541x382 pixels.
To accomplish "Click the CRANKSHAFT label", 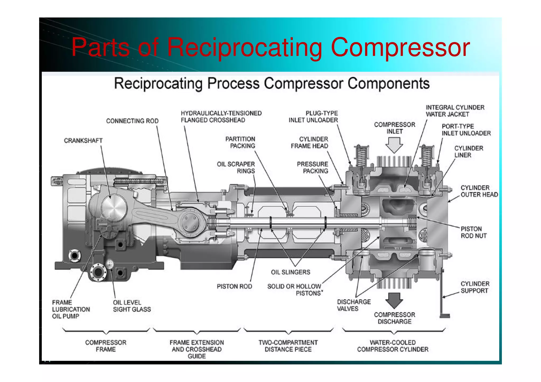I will click(x=83, y=140).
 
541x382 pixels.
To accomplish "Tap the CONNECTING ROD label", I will click(x=132, y=121).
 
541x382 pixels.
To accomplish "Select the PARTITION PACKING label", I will click(x=240, y=142).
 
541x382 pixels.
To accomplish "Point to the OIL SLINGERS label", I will click(x=290, y=272).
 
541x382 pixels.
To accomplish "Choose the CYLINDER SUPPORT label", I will click(x=475, y=287).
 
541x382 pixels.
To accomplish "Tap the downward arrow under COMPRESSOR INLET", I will click(x=394, y=145).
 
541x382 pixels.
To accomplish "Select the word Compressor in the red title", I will click(x=400, y=48).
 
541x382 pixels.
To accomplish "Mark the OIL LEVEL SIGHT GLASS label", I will click(x=132, y=306).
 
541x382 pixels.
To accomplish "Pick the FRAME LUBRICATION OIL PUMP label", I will click(x=71, y=309).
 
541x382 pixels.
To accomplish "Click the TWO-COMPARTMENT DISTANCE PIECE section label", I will click(x=288, y=346).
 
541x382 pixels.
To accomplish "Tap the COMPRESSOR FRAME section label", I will click(x=106, y=346).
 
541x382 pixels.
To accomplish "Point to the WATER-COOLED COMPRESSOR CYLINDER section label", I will click(x=393, y=346).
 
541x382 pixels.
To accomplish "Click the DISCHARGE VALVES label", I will click(x=353, y=305).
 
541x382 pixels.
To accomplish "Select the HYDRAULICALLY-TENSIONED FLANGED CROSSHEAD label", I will click(x=221, y=117).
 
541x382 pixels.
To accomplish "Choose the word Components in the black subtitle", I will click(x=388, y=84).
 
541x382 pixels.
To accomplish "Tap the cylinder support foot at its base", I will click(x=445, y=316).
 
